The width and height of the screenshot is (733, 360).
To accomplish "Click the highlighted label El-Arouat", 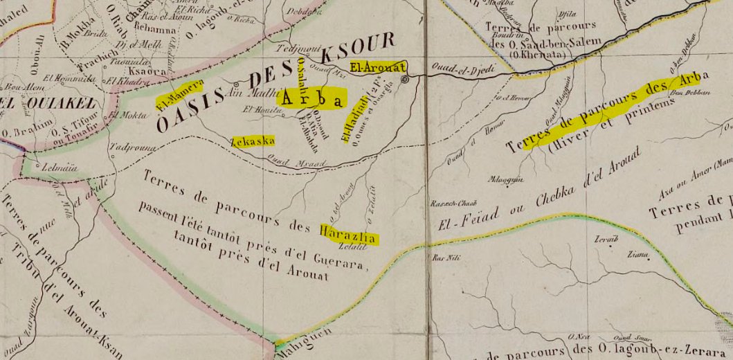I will (377, 67).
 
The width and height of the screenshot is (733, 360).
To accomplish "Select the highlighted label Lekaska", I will (253, 141).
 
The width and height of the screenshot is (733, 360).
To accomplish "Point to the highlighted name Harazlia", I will (349, 233).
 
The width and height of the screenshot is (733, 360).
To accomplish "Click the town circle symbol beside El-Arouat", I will (406, 80).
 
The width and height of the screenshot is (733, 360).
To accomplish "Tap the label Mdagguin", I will (505, 178).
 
